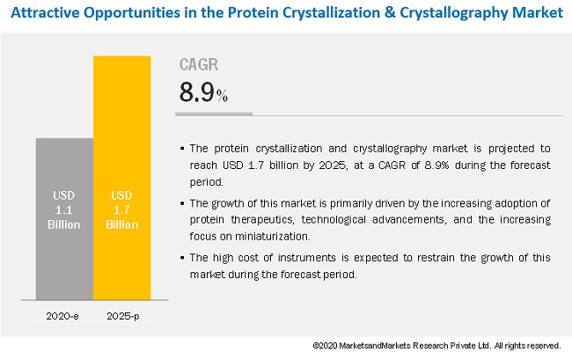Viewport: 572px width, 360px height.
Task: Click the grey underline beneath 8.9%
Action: pyautogui.click(x=215, y=114)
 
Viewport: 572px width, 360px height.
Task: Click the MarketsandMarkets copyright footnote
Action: pyautogui.click(x=436, y=346)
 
